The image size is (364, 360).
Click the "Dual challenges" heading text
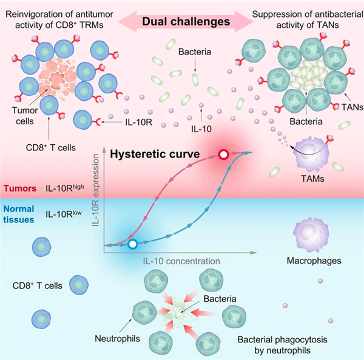[x=186, y=22]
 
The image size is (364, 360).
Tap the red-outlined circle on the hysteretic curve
[x=223, y=155]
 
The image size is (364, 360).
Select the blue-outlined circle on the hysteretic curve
[x=133, y=244]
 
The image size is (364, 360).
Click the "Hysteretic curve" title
[x=155, y=154]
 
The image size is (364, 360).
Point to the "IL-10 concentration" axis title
[x=181, y=261]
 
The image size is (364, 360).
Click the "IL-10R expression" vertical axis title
[x=95, y=190]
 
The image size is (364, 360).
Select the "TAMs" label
[x=312, y=179]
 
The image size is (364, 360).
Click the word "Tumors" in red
[x=20, y=188]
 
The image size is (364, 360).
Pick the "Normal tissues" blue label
[x=19, y=214]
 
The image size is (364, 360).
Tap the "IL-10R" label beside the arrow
[x=139, y=122]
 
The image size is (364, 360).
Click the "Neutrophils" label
[x=118, y=339]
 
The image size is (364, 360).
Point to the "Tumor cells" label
[x=25, y=116]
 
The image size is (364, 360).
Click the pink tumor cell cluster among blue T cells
[x=57, y=78]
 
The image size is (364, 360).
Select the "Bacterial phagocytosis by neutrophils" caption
[x=283, y=345]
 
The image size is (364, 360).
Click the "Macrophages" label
[x=314, y=261]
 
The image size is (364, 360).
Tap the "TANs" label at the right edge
[x=352, y=107]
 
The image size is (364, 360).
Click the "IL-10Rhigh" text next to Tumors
[x=65, y=188]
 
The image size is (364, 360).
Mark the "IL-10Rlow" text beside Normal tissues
[x=64, y=213]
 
